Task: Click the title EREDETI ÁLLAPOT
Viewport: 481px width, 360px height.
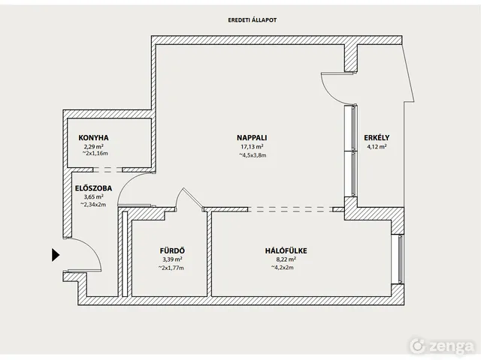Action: click(253, 20)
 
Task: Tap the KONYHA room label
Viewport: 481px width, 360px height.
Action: click(93, 138)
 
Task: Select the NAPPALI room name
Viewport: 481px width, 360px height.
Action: click(252, 138)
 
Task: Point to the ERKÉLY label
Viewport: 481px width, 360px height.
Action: click(377, 138)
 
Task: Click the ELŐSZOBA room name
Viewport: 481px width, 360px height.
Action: click(93, 188)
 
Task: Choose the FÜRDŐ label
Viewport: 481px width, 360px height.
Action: click(172, 250)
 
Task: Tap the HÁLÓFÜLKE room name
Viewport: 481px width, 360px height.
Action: click(286, 250)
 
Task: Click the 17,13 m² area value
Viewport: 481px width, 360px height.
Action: click(252, 147)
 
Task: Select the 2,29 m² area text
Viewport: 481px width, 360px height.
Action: click(93, 146)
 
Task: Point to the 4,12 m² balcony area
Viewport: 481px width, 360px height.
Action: click(377, 146)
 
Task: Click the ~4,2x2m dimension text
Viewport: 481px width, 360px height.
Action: click(282, 268)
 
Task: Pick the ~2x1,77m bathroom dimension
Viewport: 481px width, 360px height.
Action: click(171, 268)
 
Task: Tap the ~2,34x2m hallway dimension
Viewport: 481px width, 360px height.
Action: click(93, 204)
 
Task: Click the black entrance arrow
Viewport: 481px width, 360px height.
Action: click(55, 255)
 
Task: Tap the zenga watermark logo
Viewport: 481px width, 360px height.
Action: click(442, 346)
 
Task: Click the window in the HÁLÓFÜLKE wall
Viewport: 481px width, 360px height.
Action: click(400, 258)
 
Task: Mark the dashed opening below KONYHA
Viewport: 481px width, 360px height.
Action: click(107, 169)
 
